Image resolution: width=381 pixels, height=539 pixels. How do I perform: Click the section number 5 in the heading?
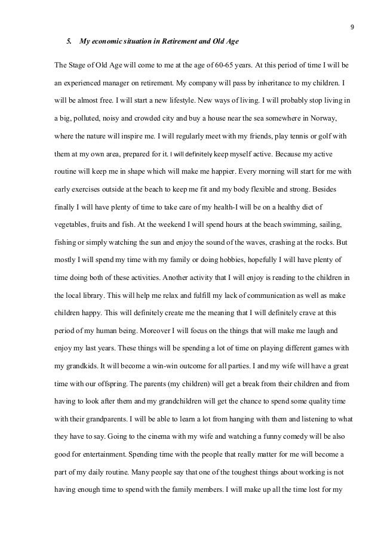pyautogui.click(x=68, y=41)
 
